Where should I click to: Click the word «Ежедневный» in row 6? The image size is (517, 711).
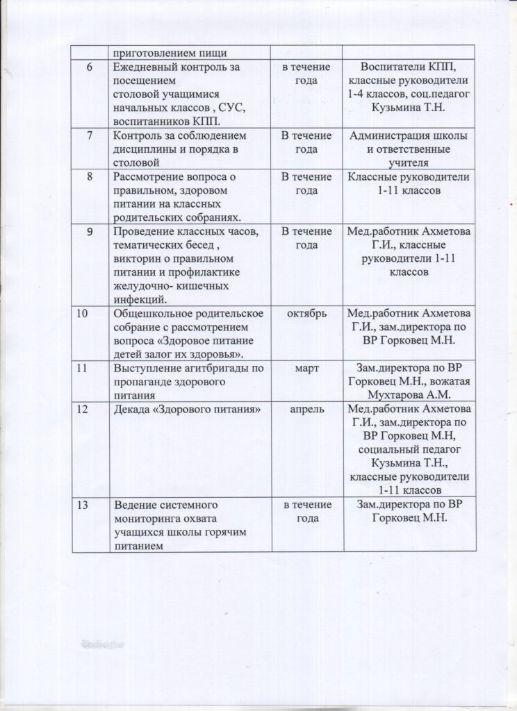point(146,67)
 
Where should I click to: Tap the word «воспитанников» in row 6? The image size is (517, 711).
point(152,120)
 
